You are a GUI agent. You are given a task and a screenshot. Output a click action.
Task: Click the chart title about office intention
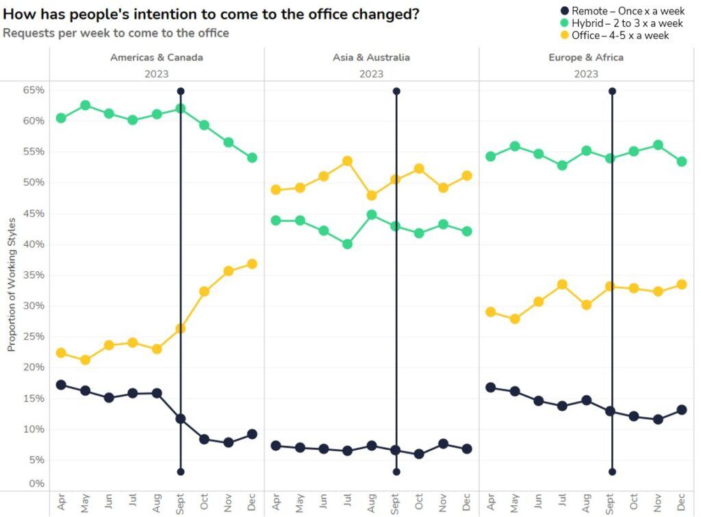[x=212, y=14]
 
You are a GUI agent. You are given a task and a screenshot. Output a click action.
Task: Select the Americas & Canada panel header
[x=156, y=58]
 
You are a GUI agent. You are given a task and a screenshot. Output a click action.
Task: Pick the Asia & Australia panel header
[x=371, y=58]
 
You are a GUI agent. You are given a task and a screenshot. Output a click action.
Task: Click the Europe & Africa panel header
[x=586, y=58]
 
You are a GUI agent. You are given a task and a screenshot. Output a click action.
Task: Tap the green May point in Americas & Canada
[x=86, y=105]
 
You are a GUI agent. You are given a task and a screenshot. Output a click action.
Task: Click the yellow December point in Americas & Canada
[x=252, y=264]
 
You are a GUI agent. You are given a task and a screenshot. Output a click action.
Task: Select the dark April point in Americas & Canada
[x=61, y=385]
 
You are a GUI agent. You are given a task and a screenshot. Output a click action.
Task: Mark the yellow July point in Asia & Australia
[x=347, y=162]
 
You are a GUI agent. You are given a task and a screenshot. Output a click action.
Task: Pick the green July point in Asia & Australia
[x=347, y=244]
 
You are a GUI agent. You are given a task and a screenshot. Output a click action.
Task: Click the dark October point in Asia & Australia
[x=419, y=454]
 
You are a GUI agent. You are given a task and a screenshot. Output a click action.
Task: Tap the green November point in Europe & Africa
[x=659, y=145]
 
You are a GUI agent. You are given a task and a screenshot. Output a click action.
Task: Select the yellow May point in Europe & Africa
[x=515, y=319]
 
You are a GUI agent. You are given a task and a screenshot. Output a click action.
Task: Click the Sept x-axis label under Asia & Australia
[x=396, y=504]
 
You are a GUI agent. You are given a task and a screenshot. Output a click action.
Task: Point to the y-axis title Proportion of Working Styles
[x=12, y=285]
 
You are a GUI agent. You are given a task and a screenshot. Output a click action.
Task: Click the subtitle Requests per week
[x=116, y=33]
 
